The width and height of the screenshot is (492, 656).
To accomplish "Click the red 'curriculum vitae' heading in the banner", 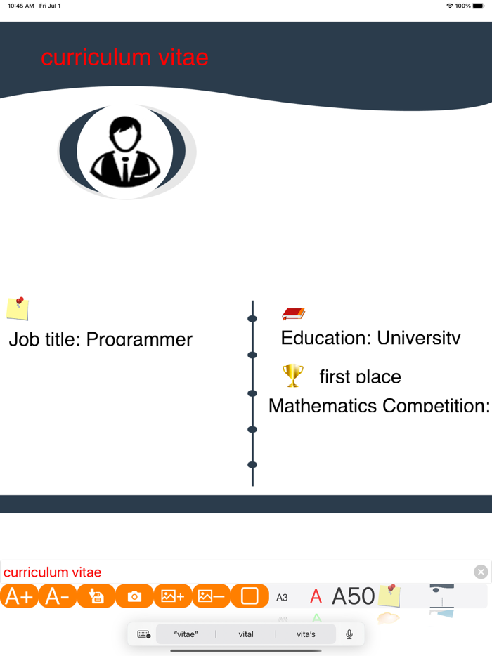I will [x=124, y=58].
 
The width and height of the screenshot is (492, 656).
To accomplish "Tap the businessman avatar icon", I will [x=126, y=152].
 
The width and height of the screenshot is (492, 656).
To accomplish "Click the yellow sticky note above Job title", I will [x=18, y=308].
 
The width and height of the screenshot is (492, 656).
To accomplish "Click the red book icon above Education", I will [x=293, y=313].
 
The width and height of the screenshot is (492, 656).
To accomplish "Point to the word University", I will [x=419, y=338].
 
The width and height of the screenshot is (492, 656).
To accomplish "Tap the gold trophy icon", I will [x=293, y=376].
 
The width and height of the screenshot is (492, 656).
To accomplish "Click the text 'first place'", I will [x=360, y=377].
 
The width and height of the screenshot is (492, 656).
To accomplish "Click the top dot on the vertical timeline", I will [x=252, y=319].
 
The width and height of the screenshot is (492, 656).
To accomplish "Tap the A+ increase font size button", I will [x=19, y=596].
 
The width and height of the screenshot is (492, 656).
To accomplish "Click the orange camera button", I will [x=134, y=596].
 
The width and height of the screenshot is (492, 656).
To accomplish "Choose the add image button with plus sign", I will [x=173, y=596].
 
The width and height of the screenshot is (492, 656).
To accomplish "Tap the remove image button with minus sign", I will [x=211, y=596].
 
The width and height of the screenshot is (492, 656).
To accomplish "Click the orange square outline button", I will [x=250, y=596].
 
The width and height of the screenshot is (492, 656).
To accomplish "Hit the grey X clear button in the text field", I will [x=481, y=572].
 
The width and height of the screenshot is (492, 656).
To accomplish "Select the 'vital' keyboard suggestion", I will [x=246, y=634].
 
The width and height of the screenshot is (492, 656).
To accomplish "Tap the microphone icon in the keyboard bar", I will [x=349, y=634].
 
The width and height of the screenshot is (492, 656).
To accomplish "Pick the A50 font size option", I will [x=353, y=596].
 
